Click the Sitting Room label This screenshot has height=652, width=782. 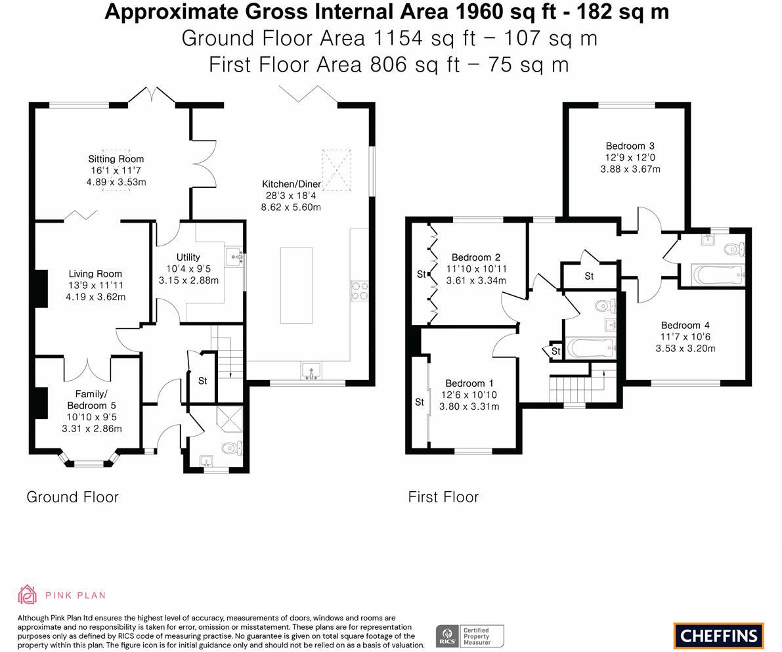(116, 159)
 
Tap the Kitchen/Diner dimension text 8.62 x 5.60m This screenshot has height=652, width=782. (291, 207)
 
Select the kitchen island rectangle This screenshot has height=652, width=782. (296, 285)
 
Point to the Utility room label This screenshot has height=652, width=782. (188, 257)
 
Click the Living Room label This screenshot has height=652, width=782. (95, 274)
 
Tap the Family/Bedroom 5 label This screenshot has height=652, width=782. (91, 400)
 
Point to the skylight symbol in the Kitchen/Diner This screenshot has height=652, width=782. (336, 169)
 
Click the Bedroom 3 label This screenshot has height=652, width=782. (630, 146)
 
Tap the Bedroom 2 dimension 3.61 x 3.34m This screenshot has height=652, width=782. (476, 280)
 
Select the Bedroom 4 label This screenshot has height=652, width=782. (685, 325)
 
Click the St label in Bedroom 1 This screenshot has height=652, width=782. (420, 402)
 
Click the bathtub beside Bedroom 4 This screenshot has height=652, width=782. (717, 275)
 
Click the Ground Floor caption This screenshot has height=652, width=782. (73, 497)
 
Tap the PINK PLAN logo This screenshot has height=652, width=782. (62, 595)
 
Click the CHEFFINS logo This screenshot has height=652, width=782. (718, 636)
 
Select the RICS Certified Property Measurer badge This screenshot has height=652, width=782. (469, 636)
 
